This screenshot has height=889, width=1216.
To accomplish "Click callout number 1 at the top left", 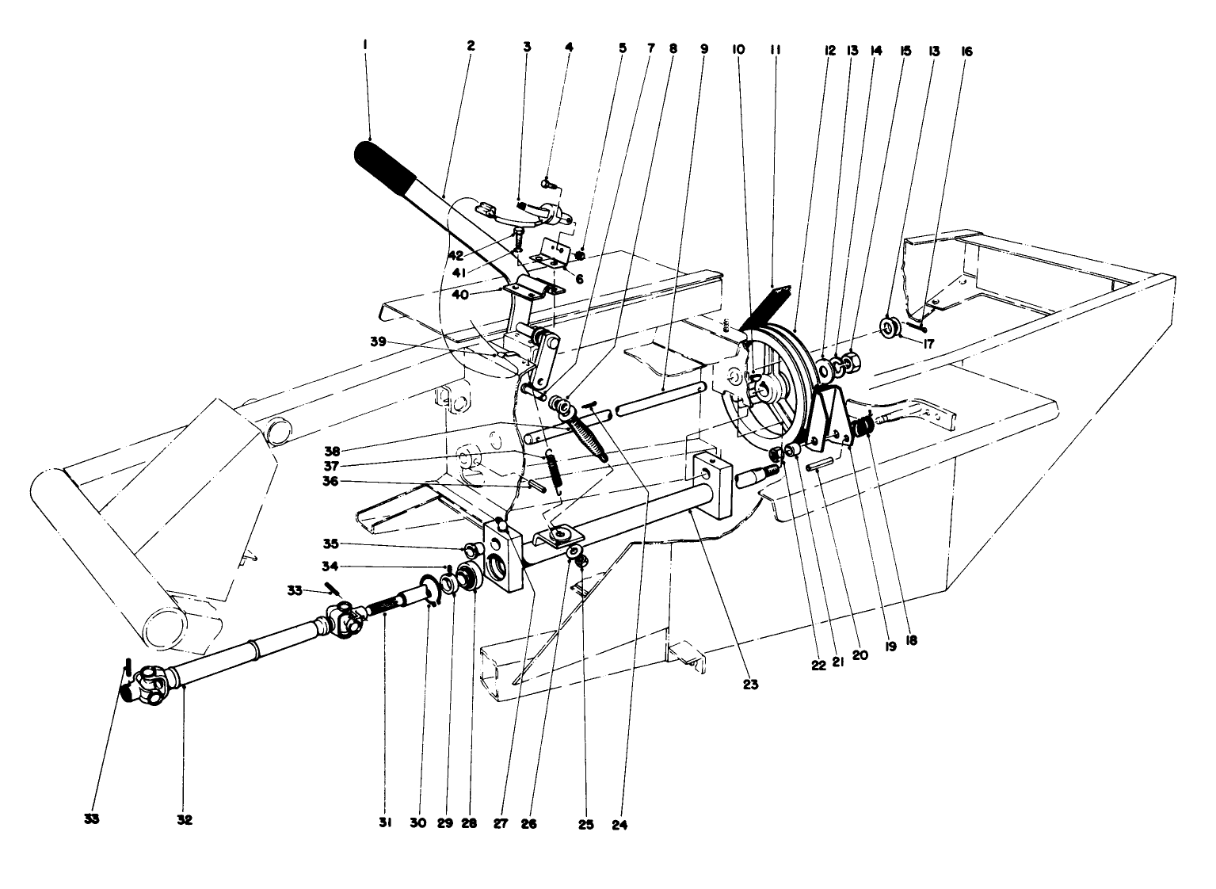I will [364, 47].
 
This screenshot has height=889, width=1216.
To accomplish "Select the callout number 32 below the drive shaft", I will [185, 821].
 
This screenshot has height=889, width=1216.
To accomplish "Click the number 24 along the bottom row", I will [620, 824].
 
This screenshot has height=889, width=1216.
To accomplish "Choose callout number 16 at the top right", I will [966, 52].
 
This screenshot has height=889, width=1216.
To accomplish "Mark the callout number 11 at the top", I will [775, 49].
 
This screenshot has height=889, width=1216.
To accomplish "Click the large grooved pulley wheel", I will [772, 380].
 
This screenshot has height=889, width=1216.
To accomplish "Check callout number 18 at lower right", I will [911, 640].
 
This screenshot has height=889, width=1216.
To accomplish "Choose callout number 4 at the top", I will [569, 47].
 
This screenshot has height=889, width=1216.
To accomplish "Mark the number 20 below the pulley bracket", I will [860, 654].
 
